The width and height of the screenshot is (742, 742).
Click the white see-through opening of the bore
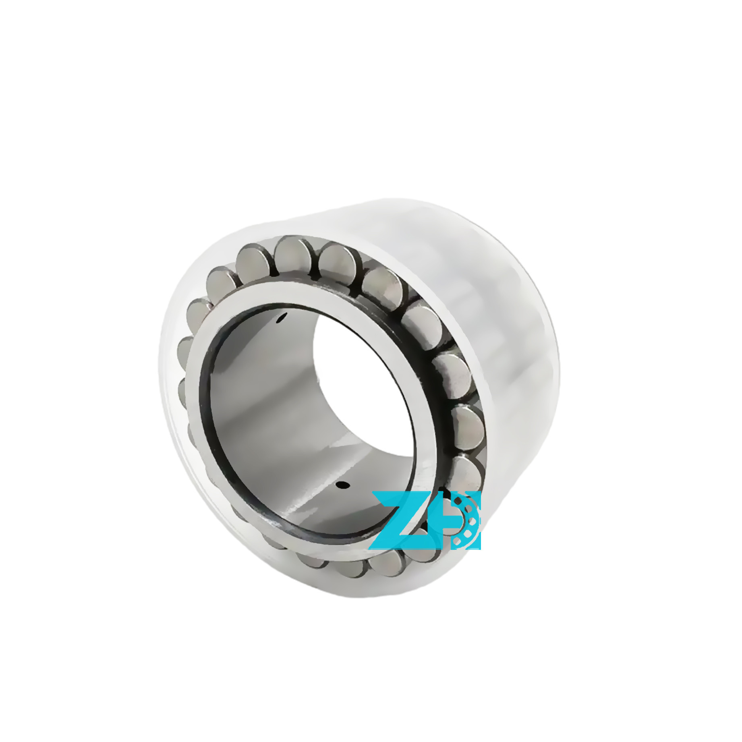tap(363, 383)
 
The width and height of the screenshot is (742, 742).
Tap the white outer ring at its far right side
tap(536, 363)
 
